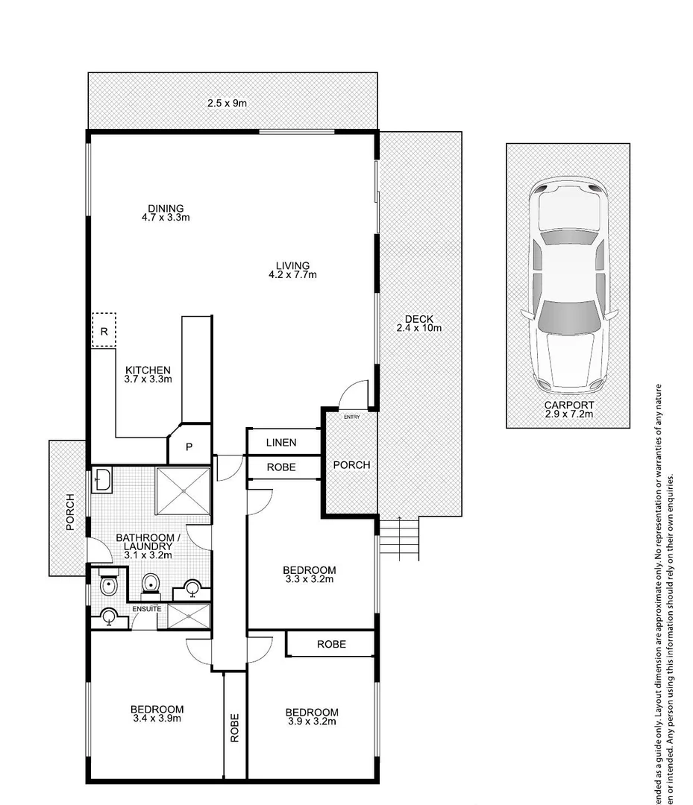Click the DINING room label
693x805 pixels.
click(x=166, y=213)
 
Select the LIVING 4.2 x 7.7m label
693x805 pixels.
click(x=292, y=270)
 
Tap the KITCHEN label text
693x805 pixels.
click(x=148, y=374)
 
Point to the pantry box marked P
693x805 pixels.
click(x=189, y=447)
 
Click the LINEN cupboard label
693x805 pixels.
click(x=281, y=443)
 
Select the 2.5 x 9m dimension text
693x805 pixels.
click(x=227, y=103)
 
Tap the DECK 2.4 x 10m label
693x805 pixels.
click(x=418, y=323)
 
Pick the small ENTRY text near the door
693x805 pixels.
click(x=351, y=416)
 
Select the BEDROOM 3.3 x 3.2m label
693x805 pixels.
click(x=309, y=573)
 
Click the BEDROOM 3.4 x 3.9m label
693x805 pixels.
click(x=157, y=714)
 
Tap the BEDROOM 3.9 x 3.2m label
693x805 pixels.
click(x=312, y=716)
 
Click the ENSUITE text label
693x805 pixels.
click(x=147, y=609)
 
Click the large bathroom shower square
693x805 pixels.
click(x=184, y=490)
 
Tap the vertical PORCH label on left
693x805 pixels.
click(x=70, y=511)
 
